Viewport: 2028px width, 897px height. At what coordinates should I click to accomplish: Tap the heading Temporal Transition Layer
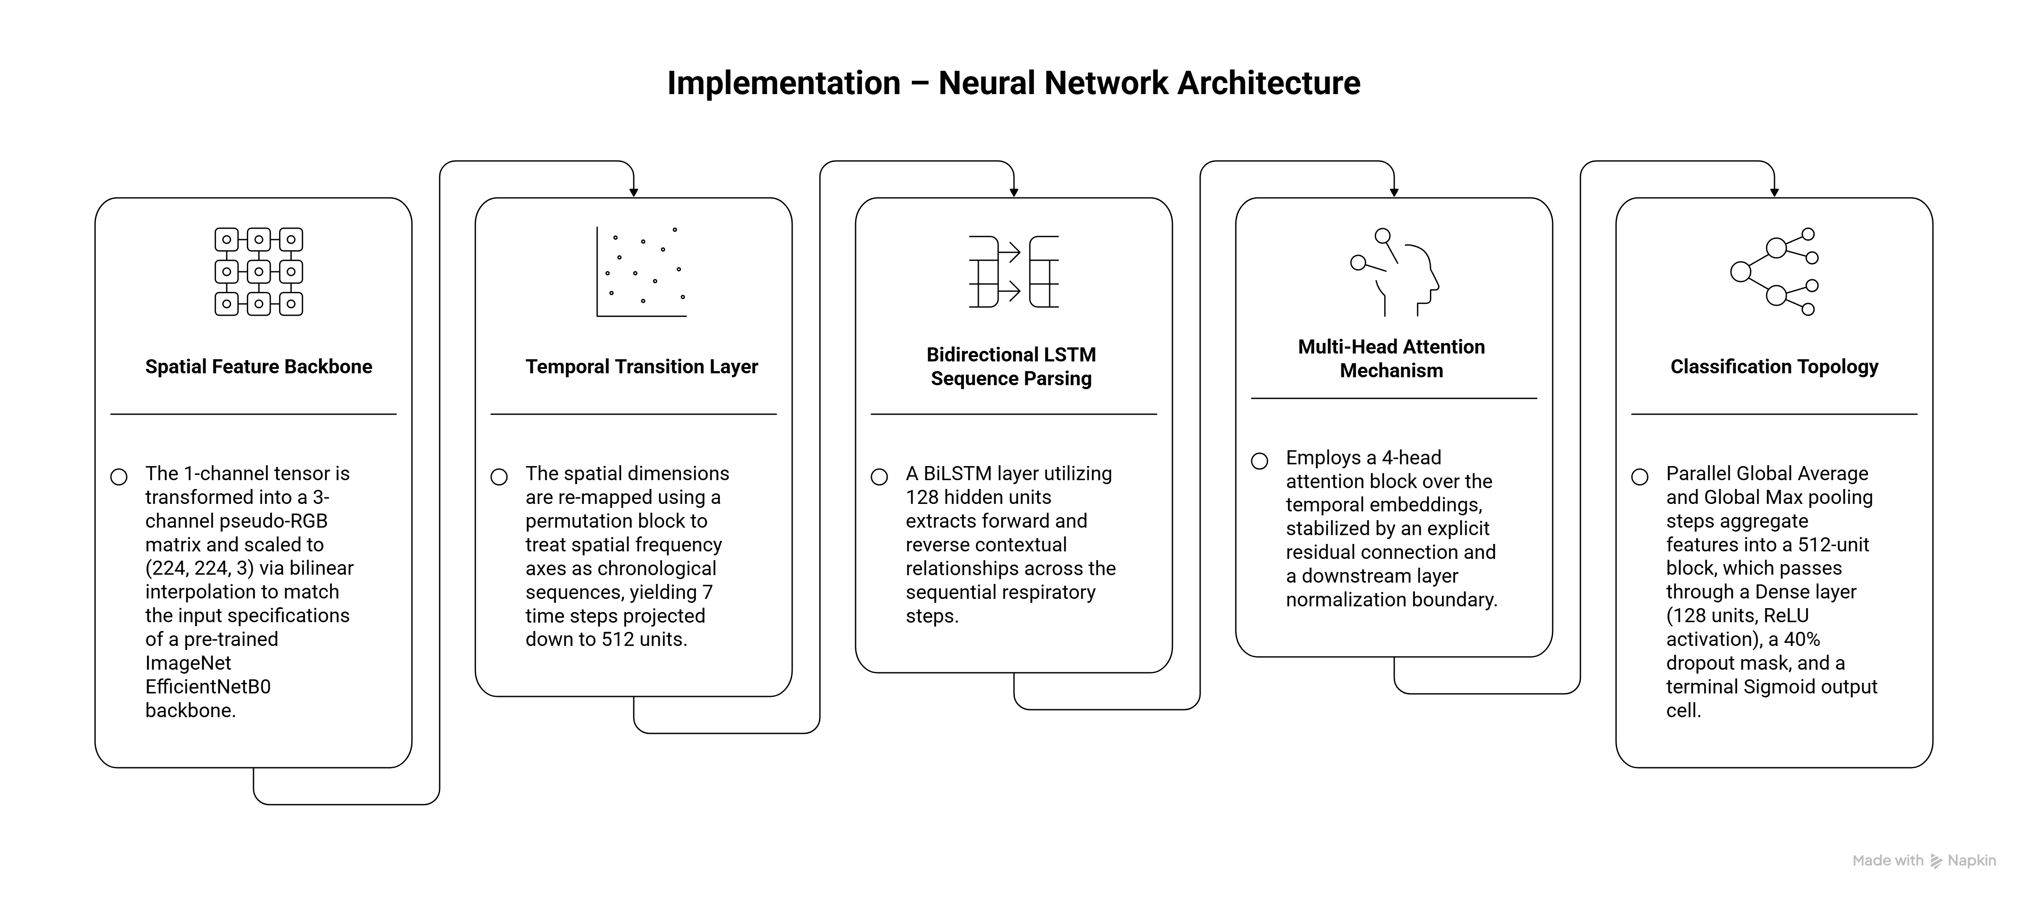[x=642, y=367]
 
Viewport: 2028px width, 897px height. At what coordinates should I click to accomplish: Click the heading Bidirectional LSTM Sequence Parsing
[x=1012, y=367]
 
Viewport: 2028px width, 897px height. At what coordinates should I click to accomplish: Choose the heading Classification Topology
[x=1774, y=367]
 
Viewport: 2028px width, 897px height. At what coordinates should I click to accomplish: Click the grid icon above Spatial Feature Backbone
[x=259, y=271]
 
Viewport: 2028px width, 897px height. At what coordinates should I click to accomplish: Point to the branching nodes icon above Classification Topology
[x=1774, y=271]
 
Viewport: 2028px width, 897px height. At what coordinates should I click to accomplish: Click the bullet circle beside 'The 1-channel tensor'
[x=119, y=477]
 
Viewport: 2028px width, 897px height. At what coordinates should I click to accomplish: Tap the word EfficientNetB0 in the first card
[x=208, y=687]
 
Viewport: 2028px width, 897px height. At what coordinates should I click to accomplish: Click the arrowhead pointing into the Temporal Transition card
[x=634, y=192]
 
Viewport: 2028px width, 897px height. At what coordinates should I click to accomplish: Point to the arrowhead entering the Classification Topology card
[x=1774, y=192]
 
